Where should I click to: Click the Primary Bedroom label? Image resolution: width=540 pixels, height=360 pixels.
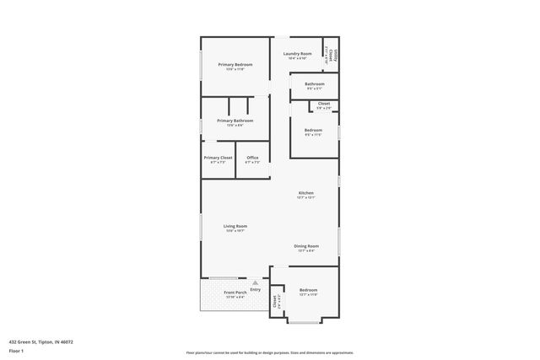pos(235,65)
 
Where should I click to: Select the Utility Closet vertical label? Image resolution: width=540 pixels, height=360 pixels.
pos(333,56)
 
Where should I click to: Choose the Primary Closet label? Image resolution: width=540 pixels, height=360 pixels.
pos(218,158)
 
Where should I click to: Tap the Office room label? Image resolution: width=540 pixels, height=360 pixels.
pos(252,158)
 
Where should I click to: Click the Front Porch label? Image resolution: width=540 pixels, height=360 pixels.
pos(235,293)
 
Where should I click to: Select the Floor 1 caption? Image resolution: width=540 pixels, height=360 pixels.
pos(15,350)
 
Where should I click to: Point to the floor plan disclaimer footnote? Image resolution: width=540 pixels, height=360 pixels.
pos(269,352)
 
